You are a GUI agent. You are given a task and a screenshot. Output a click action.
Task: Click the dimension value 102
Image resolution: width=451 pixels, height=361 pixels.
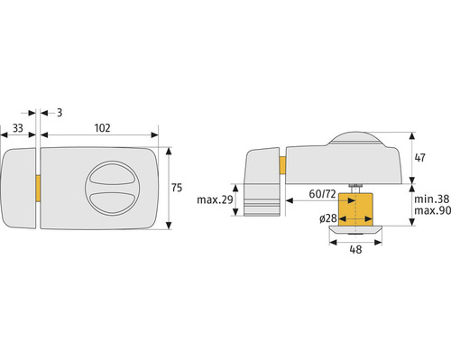coord(103,128)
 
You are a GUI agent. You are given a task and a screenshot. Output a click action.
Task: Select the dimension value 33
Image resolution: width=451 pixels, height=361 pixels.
coord(18,128)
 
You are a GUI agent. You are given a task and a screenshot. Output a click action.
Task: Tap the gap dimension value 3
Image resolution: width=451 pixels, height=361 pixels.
coord(60,113)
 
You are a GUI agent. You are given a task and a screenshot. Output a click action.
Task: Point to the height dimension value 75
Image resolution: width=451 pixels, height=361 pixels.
coord(177,188)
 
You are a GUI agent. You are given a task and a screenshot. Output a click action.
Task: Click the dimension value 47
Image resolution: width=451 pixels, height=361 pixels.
coord(419,158)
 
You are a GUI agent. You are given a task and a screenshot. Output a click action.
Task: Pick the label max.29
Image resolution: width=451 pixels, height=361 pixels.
coord(215,199)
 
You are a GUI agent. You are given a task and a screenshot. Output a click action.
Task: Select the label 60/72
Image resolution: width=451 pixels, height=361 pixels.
coord(322,194)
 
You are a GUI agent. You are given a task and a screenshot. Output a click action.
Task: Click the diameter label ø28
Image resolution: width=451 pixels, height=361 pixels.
coord(328,218)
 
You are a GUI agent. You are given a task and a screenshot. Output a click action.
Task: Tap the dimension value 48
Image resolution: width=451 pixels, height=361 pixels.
coord(355,249)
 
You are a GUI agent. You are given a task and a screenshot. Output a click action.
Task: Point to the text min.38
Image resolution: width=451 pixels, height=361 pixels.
coord(432,199)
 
